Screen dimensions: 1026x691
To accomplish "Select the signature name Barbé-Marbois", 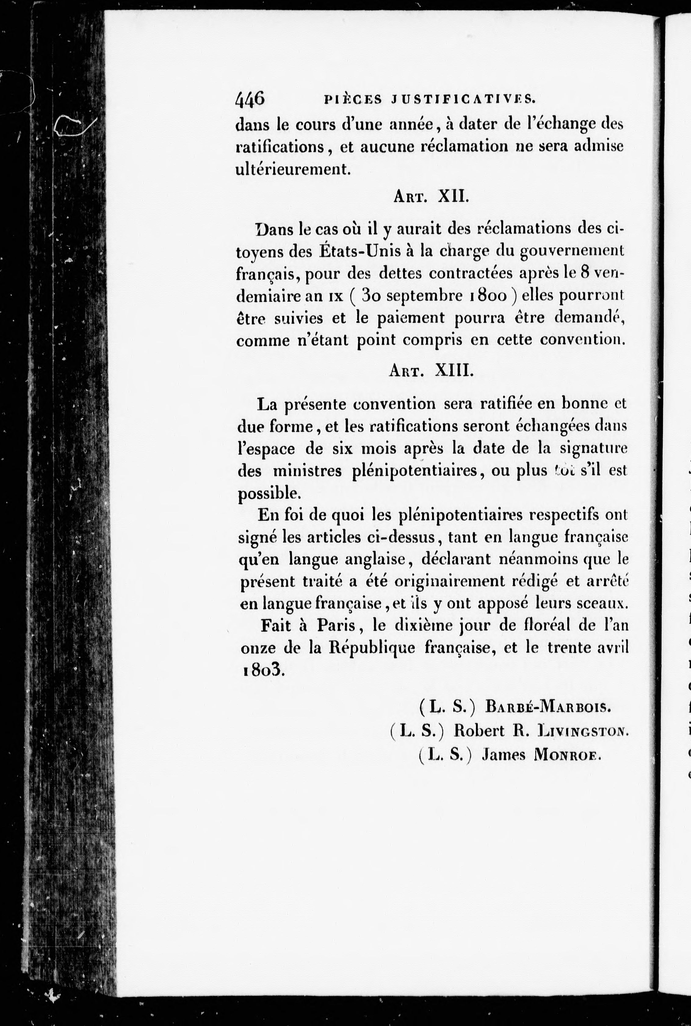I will [x=548, y=707].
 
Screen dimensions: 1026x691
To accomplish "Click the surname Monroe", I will [x=568, y=755].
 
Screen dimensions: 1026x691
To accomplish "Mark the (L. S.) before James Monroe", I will [x=446, y=755].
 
